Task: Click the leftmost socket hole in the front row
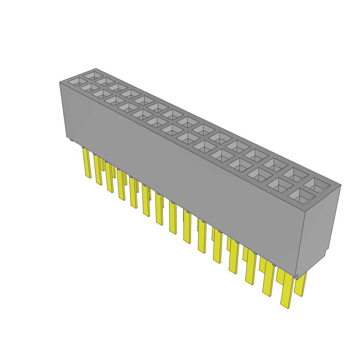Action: pos(75,82)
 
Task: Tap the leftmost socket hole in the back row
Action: pos(93,75)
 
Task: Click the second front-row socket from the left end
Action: pos(87,88)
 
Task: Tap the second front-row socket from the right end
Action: pos(280,186)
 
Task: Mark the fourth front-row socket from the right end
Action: pos(241,165)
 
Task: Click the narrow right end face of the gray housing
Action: pos(318,229)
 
